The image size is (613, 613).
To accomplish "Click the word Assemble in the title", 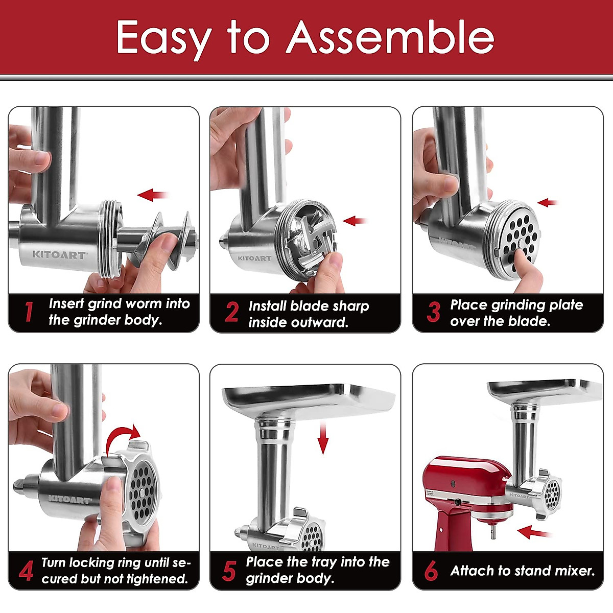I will (x=390, y=38).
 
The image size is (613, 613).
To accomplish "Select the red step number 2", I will (x=231, y=312).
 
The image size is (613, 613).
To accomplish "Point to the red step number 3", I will (x=433, y=312).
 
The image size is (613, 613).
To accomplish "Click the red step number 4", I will (x=26, y=571).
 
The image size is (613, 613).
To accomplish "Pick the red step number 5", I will (x=229, y=571).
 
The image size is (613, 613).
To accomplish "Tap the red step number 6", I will (x=431, y=571).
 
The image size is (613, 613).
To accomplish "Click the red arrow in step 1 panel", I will (x=153, y=195).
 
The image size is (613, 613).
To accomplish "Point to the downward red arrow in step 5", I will (x=322, y=437).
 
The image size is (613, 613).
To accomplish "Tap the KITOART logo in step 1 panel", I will (x=59, y=254).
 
